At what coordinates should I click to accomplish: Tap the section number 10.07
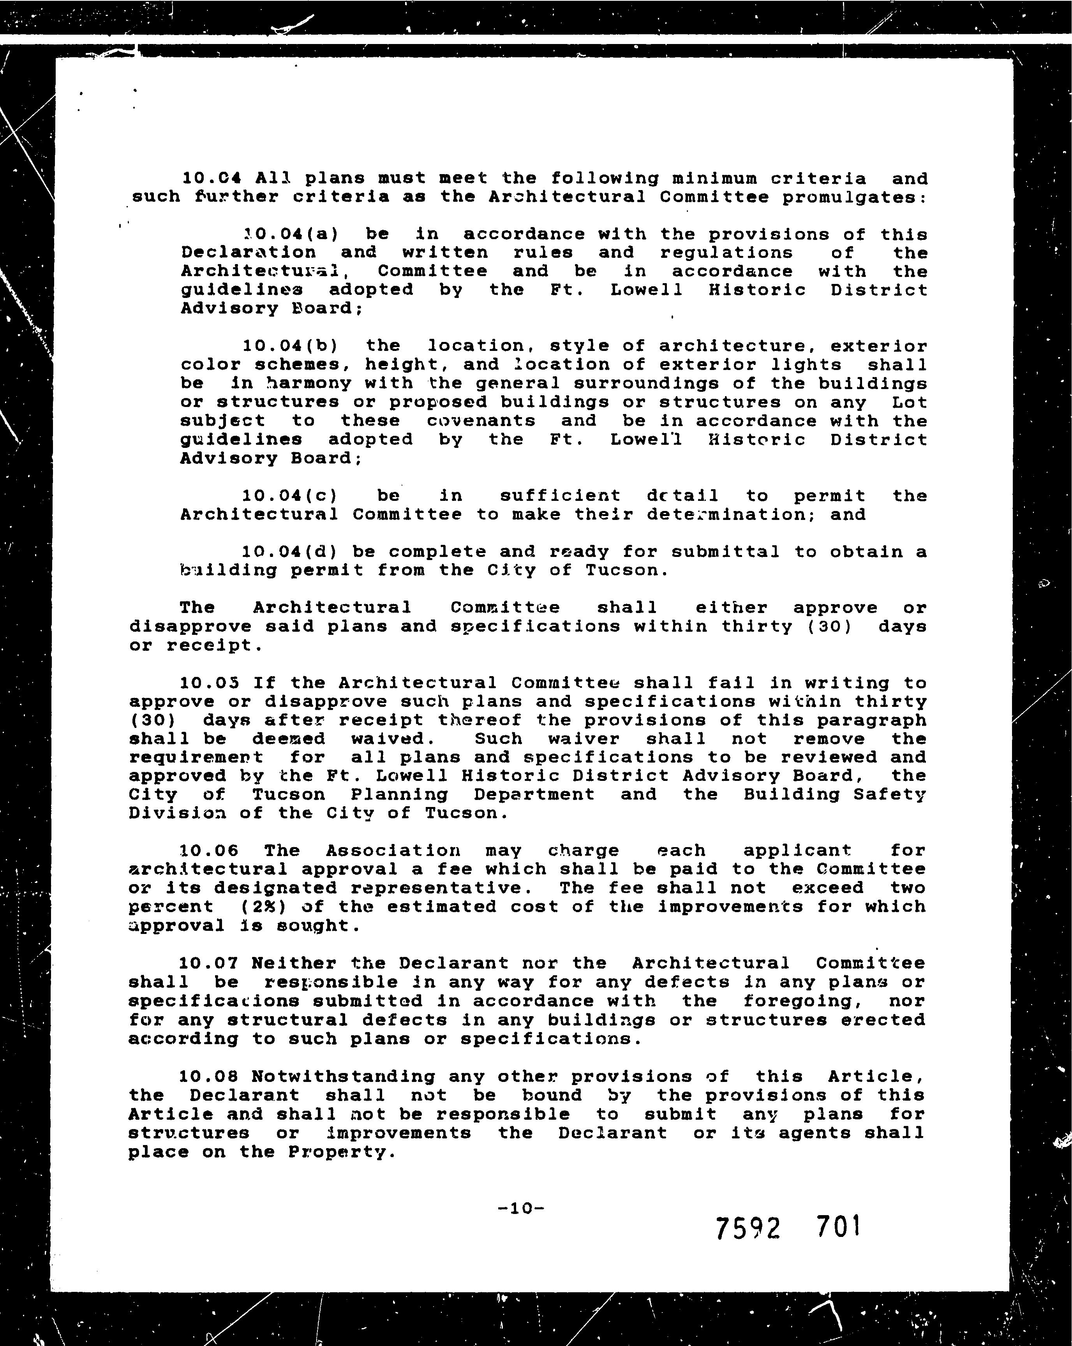click(208, 963)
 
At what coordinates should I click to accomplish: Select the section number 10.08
click(208, 1076)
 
